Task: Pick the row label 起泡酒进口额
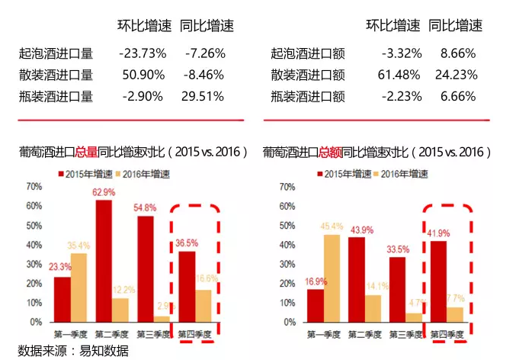point(302,54)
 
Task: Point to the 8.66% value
point(458,54)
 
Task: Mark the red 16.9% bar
point(315,306)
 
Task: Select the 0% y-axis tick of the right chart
point(289,323)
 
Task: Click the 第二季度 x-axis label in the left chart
point(111,333)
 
